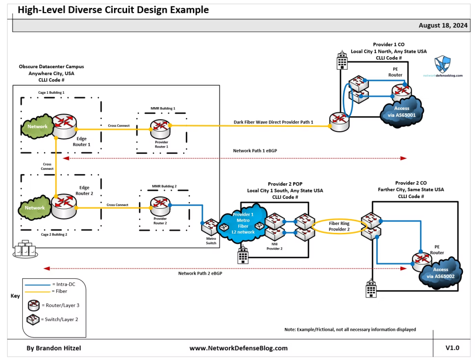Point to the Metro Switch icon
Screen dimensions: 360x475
pyautogui.click(x=210, y=226)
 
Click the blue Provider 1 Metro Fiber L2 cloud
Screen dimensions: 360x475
pyautogui.click(x=243, y=223)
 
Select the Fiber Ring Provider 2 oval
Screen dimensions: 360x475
pyautogui.click(x=339, y=226)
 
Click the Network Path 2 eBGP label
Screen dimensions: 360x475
pyautogui.click(x=200, y=273)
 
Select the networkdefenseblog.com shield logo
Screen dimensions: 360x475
pyautogui.click(x=442, y=64)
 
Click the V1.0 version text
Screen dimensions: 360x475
pyautogui.click(x=452, y=347)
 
